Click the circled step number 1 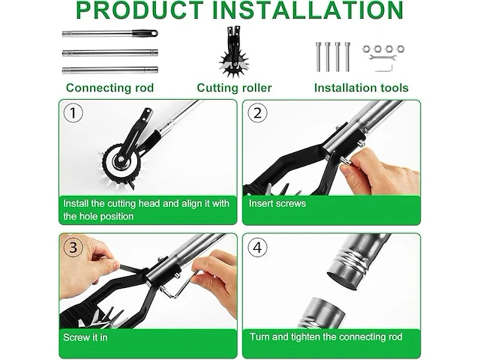coord(73,113)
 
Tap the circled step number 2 coord(257,113)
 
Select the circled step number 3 coord(73,247)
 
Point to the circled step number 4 coord(257,247)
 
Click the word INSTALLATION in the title coord(307,10)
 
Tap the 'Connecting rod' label coord(110,88)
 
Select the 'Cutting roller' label coord(234,88)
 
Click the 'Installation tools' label coord(361,88)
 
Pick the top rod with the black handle coord(110,33)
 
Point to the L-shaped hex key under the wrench coord(384,68)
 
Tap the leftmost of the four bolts coord(318,57)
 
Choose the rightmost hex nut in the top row coord(400,49)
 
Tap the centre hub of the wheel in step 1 coord(121,159)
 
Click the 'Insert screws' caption coord(277,203)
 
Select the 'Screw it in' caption coord(85,337)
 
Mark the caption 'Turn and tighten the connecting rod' coord(326,337)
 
